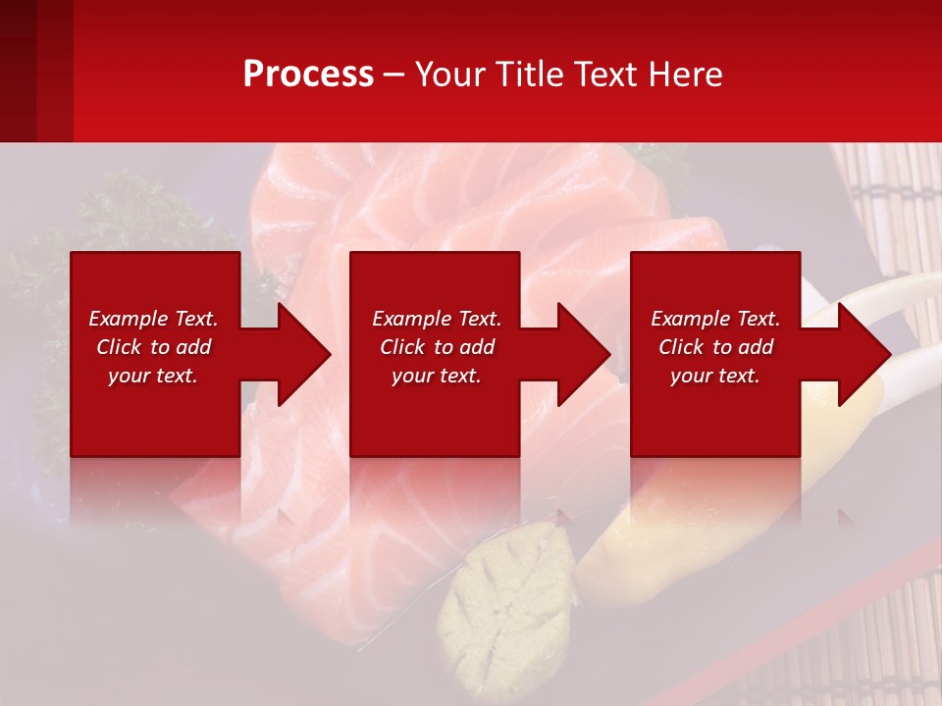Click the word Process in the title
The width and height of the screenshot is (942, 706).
point(308,75)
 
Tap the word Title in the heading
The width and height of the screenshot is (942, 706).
point(527,75)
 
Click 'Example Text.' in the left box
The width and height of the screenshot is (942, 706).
point(153,319)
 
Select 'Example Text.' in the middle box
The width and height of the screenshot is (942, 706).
point(437,319)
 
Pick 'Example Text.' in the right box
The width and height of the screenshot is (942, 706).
point(715,319)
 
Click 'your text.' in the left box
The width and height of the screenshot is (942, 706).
point(153,376)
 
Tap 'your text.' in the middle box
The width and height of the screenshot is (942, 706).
point(437,376)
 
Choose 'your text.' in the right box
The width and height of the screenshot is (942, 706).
point(715,376)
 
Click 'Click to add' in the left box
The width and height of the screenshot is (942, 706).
point(153,347)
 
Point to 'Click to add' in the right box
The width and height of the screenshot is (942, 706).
point(715,347)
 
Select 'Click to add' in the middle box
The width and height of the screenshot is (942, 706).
point(437,347)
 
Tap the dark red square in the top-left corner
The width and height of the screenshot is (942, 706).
point(35,71)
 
